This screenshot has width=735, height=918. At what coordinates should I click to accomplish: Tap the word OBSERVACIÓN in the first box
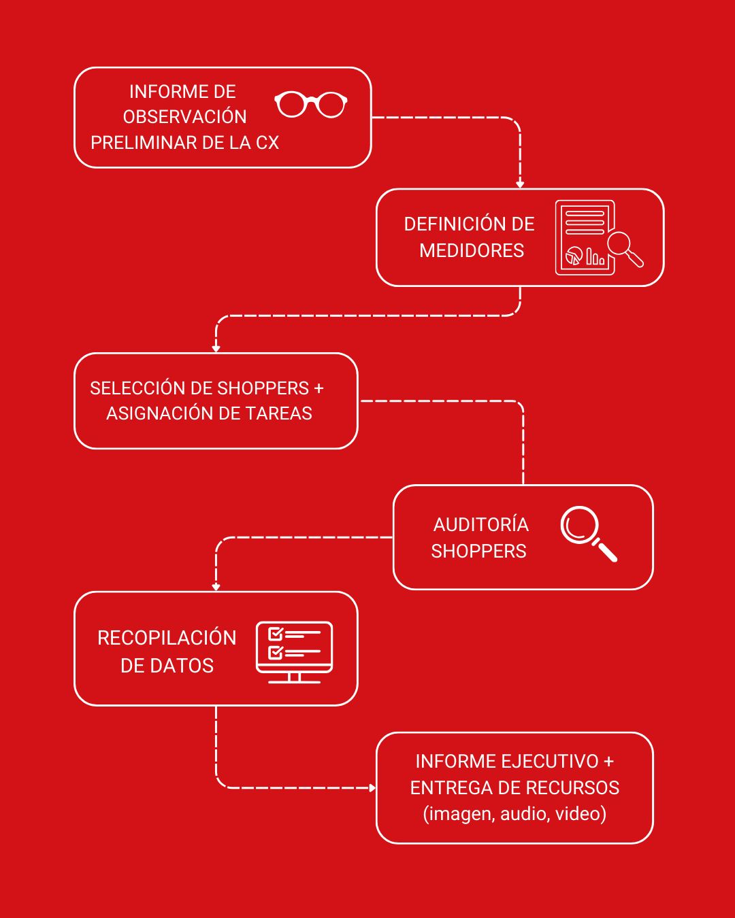coord(185,116)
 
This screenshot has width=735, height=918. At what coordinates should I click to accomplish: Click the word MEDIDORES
coord(472,250)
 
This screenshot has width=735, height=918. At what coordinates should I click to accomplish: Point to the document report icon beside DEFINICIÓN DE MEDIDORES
coord(599,237)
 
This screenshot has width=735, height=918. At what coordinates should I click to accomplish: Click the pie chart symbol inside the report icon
coord(574,256)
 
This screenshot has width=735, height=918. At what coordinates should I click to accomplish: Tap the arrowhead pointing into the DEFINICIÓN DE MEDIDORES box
coord(520,184)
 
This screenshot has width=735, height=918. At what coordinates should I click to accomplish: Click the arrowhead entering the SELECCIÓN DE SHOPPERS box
coord(216,349)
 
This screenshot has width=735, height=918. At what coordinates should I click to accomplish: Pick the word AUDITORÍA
coord(481,524)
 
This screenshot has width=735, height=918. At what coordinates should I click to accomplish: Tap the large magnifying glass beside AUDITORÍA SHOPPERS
coord(589,534)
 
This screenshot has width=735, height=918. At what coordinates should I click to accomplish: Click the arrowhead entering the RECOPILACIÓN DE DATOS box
coord(216,588)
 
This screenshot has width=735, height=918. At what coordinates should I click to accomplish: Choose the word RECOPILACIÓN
coord(167,637)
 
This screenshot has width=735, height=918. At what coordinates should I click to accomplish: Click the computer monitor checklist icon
coord(294,652)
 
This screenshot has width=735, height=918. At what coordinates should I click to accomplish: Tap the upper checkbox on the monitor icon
coord(276,634)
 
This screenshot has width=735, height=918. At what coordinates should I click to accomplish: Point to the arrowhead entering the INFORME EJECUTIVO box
coord(372,788)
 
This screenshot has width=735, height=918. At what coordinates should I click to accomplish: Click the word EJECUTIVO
coord(550,762)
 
